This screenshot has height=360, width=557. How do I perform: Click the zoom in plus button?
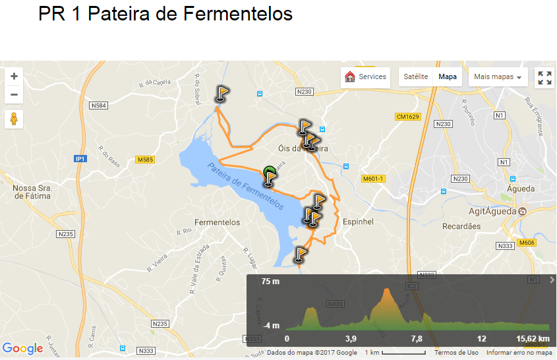click(14, 76)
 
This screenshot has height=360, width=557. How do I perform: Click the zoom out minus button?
click(14, 95)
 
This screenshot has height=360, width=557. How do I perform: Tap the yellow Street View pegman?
click(14, 119)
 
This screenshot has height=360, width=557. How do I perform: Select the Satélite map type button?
click(415, 77)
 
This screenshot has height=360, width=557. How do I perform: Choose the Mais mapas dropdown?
click(498, 77)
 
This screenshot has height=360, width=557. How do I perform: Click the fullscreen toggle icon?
click(544, 78)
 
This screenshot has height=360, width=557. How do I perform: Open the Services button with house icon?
click(366, 77)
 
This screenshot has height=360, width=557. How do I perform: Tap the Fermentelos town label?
click(218, 223)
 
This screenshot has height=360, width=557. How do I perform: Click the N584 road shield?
click(99, 105)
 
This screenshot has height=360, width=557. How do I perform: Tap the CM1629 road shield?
click(407, 117)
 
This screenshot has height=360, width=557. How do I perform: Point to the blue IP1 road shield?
click(80, 159)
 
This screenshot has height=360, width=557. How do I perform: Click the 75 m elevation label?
click(270, 282)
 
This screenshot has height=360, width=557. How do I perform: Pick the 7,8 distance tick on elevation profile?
click(416, 338)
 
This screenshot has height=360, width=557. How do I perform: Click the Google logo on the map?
click(22, 348)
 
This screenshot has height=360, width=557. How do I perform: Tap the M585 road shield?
click(145, 160)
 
